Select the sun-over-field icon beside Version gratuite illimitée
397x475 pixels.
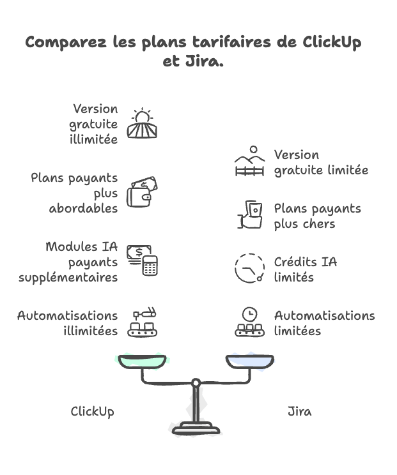coord(142,124)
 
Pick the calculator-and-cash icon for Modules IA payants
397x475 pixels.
coord(142,260)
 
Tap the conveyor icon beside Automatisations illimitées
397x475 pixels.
coord(142,323)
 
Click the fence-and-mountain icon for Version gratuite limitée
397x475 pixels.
coord(249,162)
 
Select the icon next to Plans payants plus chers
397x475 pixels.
coord(249,215)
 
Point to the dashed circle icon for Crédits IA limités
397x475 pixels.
coord(249,269)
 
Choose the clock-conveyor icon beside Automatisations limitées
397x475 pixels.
coord(249,323)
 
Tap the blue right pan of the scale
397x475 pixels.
coord(249,362)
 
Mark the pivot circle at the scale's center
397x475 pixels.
coord(196,382)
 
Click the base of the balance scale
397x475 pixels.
coord(196,428)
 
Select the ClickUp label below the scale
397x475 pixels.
coord(92,412)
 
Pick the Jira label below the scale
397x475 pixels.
coord(299,412)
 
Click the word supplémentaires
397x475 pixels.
coord(77,278)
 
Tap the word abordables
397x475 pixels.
coord(83,209)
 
